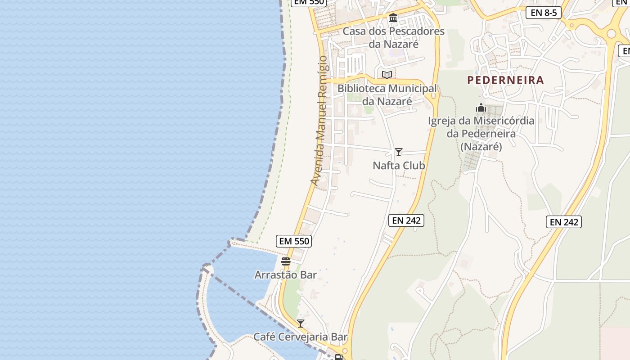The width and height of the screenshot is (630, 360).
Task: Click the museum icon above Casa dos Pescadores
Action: tap(393, 18)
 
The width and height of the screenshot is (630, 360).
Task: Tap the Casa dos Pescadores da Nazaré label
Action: tap(394, 38)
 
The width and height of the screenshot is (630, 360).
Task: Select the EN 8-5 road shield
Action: tap(544, 13)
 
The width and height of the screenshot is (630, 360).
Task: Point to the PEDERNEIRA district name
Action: tap(505, 81)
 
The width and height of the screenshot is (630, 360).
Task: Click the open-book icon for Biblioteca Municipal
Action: tap(387, 75)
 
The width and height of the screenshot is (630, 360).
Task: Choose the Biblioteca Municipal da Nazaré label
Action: tap(387, 95)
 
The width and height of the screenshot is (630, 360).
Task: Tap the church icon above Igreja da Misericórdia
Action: tap(481, 108)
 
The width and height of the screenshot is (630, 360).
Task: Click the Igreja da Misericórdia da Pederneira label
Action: tap(481, 127)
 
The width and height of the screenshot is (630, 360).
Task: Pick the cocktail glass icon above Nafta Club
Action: tap(398, 152)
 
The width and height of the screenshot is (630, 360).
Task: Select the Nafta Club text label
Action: tap(399, 166)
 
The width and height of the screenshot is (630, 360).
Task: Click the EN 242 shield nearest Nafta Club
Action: tap(406, 220)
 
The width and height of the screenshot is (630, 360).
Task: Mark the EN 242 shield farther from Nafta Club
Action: tap(564, 222)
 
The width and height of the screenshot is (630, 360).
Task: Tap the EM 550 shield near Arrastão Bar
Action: tap(295, 241)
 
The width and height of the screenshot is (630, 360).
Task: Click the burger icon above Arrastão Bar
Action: tap(286, 261)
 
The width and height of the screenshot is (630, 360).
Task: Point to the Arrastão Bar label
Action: tap(286, 274)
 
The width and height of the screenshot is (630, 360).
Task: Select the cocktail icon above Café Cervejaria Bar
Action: tap(300, 323)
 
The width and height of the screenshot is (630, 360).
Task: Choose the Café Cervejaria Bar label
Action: tap(301, 337)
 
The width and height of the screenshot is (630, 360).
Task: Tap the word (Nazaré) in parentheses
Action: tap(481, 147)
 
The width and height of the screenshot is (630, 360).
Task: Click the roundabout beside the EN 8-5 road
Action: tap(611, 34)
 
